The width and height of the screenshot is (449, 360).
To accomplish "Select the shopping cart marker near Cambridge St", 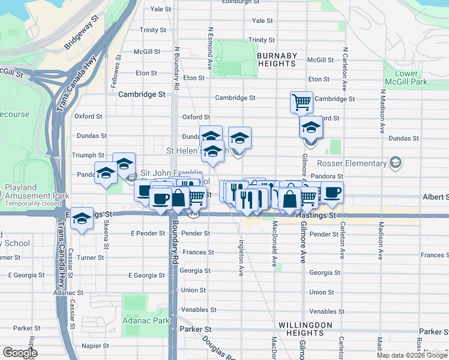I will [x=301, y=101].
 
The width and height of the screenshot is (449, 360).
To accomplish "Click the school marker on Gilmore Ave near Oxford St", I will [x=310, y=128].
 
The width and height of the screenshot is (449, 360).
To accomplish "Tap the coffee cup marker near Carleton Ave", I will [x=332, y=193].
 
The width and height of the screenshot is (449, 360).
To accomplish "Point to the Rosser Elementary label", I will [x=352, y=163].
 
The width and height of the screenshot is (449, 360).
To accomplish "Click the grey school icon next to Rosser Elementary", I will [x=396, y=163].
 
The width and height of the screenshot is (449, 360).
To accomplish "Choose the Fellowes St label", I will [x=114, y=73].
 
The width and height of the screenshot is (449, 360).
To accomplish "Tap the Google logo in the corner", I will [x=20, y=353].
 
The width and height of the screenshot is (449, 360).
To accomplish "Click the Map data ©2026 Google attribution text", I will [x=412, y=355].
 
